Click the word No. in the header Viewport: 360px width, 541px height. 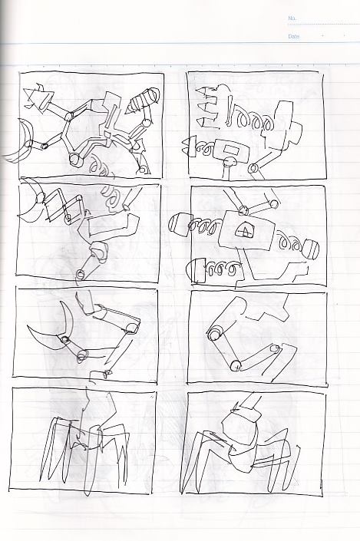[292, 18]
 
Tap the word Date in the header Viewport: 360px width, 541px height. [294, 36]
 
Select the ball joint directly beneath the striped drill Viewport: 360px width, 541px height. [147, 122]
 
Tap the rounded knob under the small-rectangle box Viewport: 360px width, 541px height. [230, 161]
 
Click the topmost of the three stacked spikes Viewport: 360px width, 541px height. [207, 91]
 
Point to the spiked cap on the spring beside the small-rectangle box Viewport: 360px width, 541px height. [189, 146]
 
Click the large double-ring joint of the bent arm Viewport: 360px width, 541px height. [216, 333]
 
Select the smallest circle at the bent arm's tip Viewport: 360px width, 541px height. [275, 348]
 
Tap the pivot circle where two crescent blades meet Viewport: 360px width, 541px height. [64, 339]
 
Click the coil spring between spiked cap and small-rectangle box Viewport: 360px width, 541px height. [206, 148]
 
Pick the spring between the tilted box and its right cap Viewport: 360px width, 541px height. [291, 242]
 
